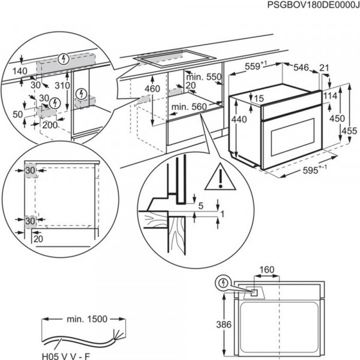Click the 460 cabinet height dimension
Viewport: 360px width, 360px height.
point(152,89)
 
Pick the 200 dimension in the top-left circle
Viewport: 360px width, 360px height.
point(50,125)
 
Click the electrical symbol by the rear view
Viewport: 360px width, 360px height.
point(224,281)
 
